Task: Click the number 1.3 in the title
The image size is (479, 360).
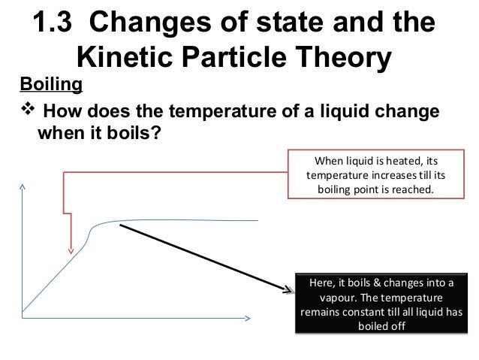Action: [56, 22]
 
